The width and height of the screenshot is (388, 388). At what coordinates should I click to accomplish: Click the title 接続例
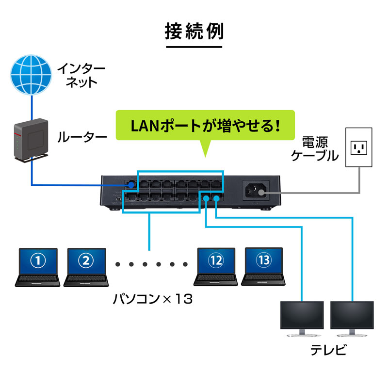pyautogui.click(x=194, y=32)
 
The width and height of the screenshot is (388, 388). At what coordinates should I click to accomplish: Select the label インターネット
pyautogui.click(x=77, y=74)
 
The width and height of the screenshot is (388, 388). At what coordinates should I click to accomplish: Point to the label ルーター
pyautogui.click(x=81, y=137)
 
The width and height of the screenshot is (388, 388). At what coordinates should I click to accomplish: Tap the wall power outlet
pyautogui.click(x=359, y=147)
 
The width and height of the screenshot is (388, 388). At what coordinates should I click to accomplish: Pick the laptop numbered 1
pyautogui.click(x=38, y=267)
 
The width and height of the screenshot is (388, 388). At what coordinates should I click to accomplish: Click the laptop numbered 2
pyautogui.click(x=86, y=267)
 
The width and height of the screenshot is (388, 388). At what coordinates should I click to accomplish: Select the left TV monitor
pyautogui.click(x=302, y=318)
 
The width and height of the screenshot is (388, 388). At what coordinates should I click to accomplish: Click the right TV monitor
pyautogui.click(x=352, y=318)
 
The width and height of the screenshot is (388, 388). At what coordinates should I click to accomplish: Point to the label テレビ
pyautogui.click(x=328, y=350)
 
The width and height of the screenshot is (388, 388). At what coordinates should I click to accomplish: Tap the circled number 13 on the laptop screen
pyautogui.click(x=264, y=260)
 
